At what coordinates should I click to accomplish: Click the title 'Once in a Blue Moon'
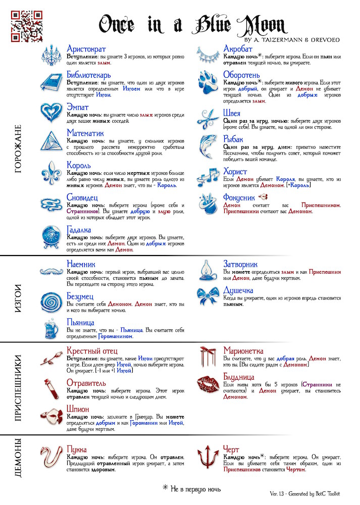tap(192, 24)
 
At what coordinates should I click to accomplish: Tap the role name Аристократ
tap(86, 49)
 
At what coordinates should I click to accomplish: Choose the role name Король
tap(79, 165)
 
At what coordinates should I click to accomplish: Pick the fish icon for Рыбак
tap(208, 146)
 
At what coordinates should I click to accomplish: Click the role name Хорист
tap(235, 172)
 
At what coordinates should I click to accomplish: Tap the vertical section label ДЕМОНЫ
tap(19, 458)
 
